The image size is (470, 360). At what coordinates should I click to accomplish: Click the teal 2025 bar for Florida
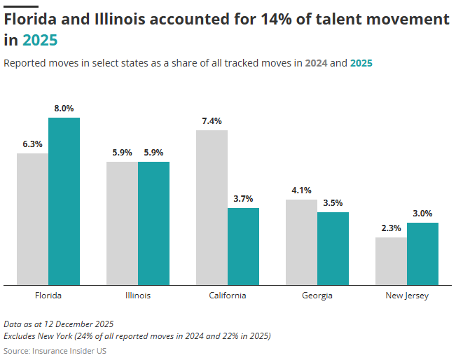pos(64,202)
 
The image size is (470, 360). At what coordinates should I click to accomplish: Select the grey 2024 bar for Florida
pos(32,219)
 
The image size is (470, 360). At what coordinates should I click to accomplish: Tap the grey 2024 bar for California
pos(212,208)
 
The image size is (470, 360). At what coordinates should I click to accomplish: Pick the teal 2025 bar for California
pos(243,247)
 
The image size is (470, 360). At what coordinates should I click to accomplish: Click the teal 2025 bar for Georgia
pos(333,249)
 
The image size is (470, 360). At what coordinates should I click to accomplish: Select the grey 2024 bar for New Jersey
pos(391,261)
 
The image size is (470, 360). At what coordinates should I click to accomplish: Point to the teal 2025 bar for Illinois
pos(153,223)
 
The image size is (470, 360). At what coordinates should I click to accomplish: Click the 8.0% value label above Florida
pos(64,109)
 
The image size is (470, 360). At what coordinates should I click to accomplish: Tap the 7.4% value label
pos(212,121)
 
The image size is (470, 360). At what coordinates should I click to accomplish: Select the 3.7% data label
pos(243,199)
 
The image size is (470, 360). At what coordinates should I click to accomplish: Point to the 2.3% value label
pos(391,228)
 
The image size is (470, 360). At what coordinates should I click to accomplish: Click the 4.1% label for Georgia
pos(301,191)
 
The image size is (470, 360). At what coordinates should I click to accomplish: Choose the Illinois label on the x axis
pos(137,296)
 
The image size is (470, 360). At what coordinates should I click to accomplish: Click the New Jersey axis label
pos(407,296)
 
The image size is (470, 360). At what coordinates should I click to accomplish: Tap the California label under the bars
pos(228,296)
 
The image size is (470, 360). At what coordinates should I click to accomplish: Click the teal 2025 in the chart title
pos(40,41)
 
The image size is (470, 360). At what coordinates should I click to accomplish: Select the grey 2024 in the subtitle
pos(315,63)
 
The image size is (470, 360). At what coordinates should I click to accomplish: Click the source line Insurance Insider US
pos(69,350)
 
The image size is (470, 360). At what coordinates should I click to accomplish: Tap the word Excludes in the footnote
pos(21,336)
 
